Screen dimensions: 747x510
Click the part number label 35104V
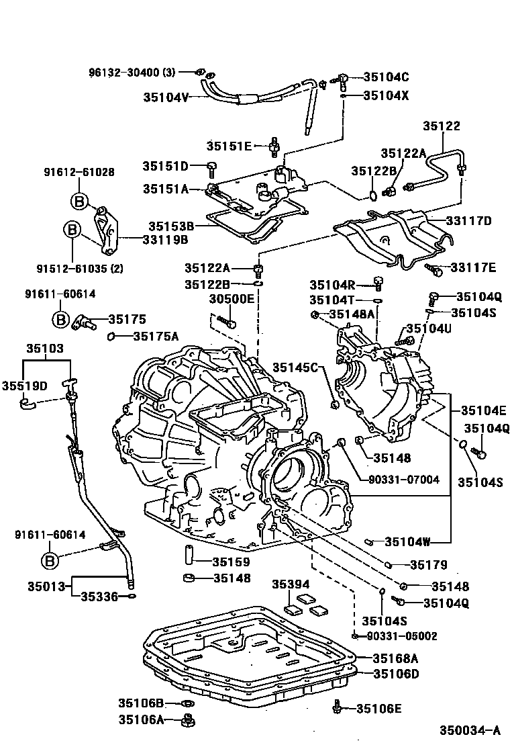click(x=166, y=97)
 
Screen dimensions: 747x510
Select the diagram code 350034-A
click(x=470, y=730)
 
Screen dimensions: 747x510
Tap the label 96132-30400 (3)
click(x=132, y=72)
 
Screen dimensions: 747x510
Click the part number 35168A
click(x=396, y=658)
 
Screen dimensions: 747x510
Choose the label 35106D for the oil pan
click(x=396, y=673)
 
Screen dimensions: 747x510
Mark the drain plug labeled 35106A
click(x=189, y=721)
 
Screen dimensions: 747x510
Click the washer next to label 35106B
click(x=189, y=703)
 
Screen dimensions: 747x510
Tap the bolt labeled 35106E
click(x=338, y=707)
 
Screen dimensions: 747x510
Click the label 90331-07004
click(x=404, y=480)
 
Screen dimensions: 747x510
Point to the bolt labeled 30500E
click(x=230, y=324)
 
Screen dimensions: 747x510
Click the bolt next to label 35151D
click(x=212, y=165)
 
